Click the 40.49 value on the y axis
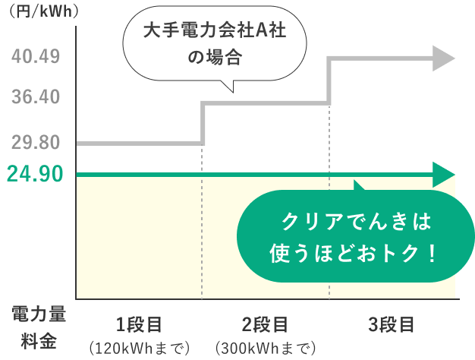[36, 56]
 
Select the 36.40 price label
[36, 96]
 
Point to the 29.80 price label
[36, 142]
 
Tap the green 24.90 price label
[35, 174]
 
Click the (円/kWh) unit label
[44, 11]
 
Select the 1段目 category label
[139, 325]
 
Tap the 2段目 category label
[265, 325]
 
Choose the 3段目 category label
[392, 325]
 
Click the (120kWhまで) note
[140, 348]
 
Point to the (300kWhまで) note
[266, 348]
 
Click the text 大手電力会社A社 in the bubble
[215, 30]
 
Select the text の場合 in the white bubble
[215, 57]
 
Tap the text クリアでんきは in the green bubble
[357, 222]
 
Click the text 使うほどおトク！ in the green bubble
[354, 253]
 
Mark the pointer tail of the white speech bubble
[233, 91]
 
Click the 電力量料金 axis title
[39, 327]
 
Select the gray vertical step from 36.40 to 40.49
[329, 81]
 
